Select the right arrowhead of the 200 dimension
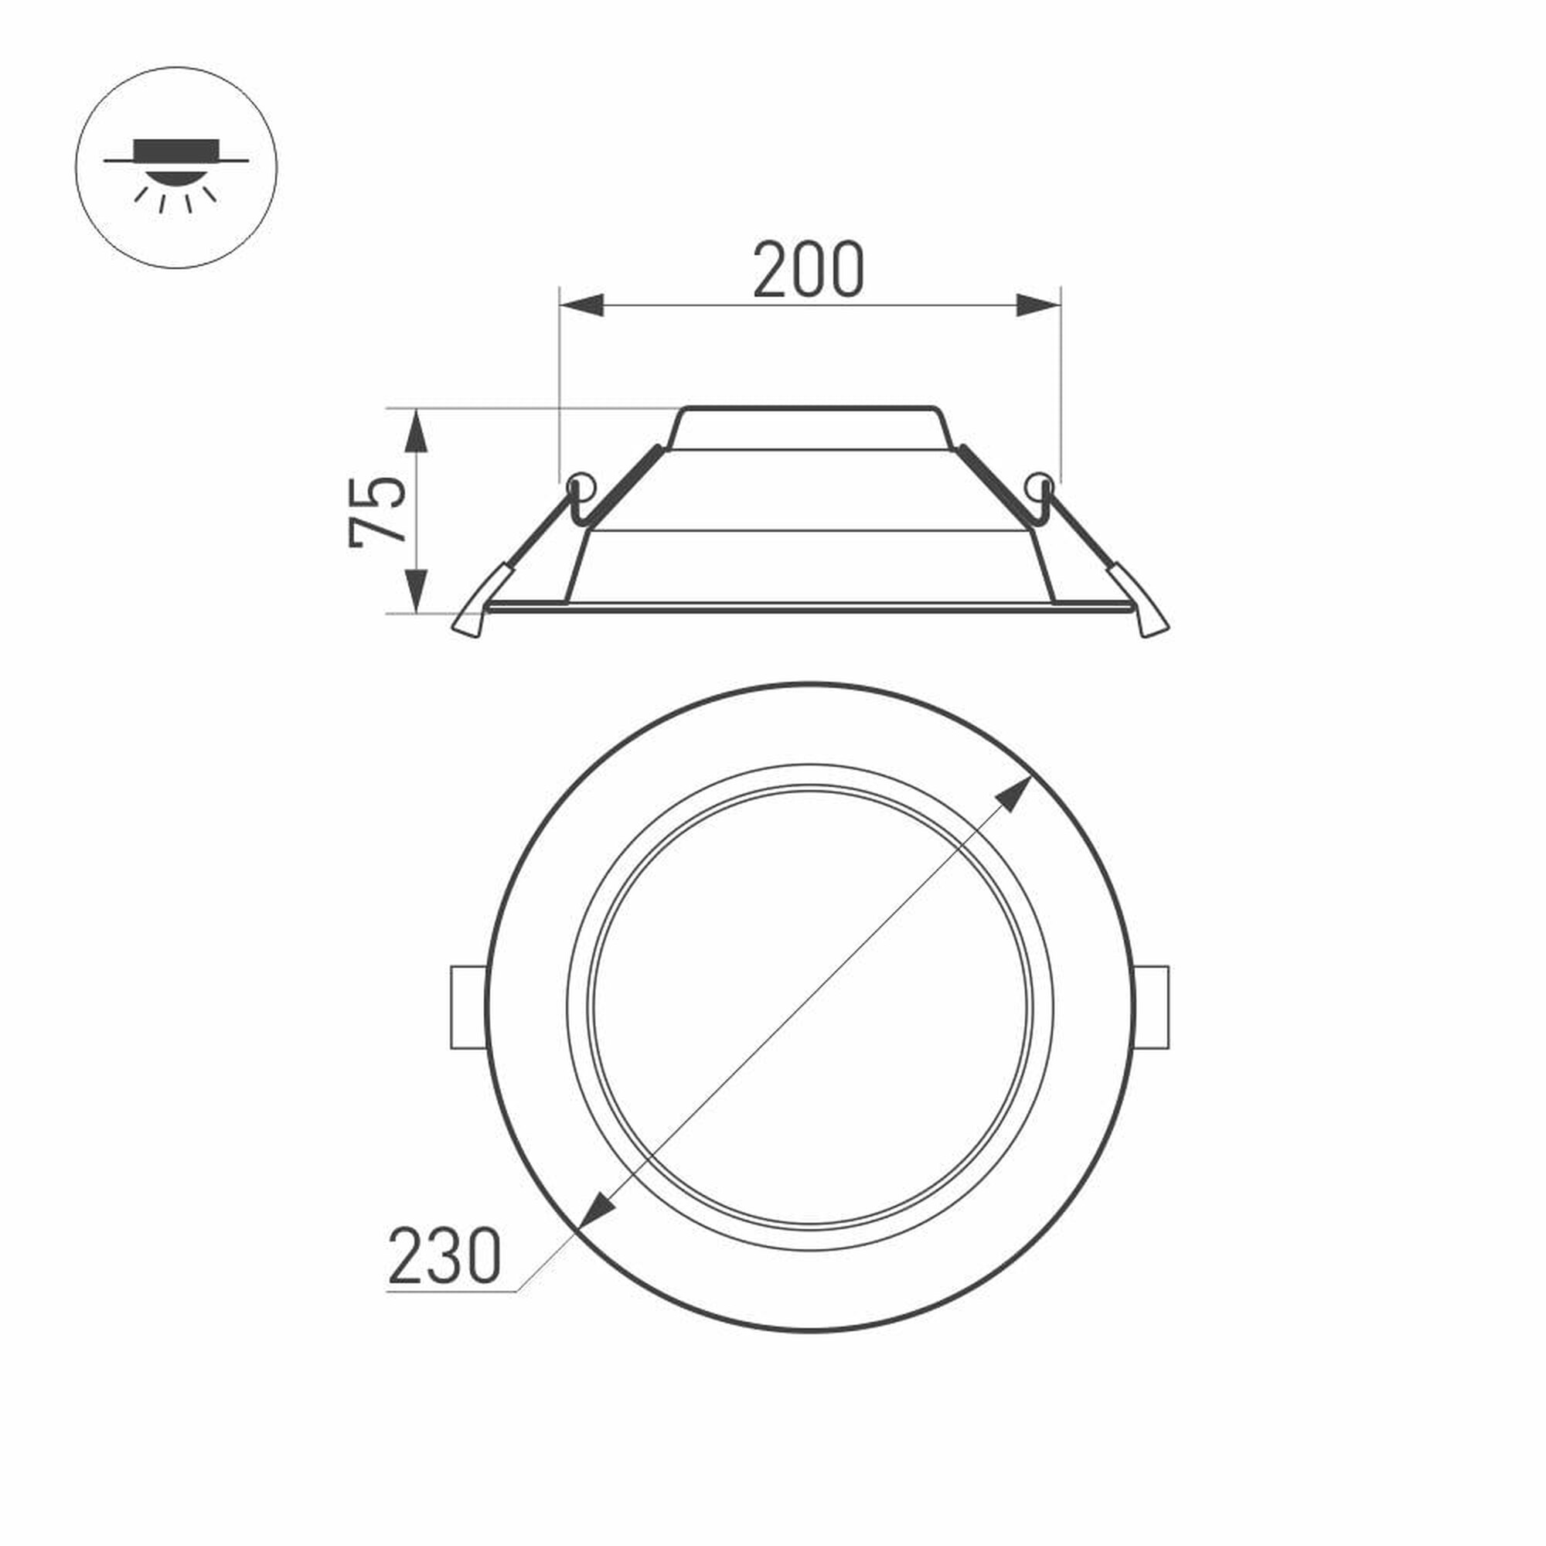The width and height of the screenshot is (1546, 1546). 1038,305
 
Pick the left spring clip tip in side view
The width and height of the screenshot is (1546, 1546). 468,623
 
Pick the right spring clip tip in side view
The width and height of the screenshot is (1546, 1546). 1153,623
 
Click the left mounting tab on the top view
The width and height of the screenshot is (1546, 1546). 468,1006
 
